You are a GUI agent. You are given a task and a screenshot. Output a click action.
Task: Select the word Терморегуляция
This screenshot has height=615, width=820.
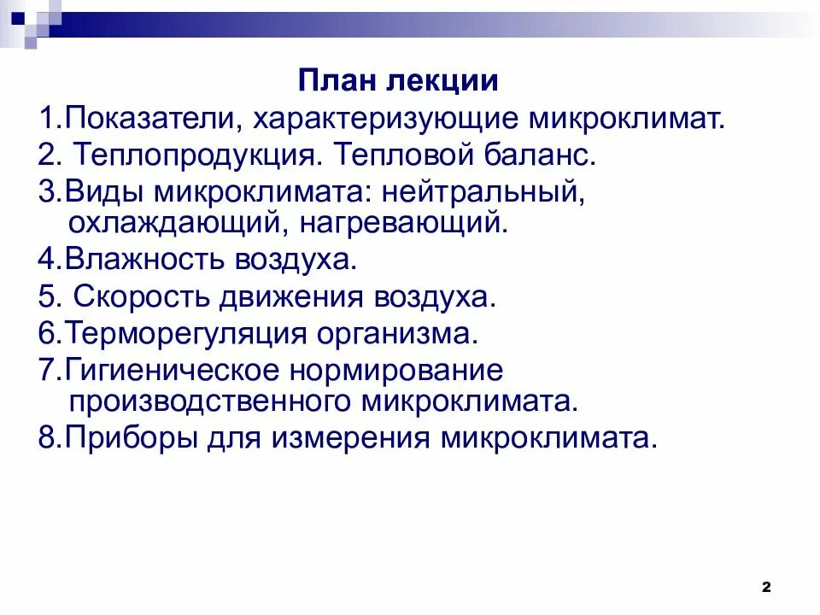pos(184,333)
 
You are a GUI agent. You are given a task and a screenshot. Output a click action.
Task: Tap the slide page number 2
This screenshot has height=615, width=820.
pos(765,587)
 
